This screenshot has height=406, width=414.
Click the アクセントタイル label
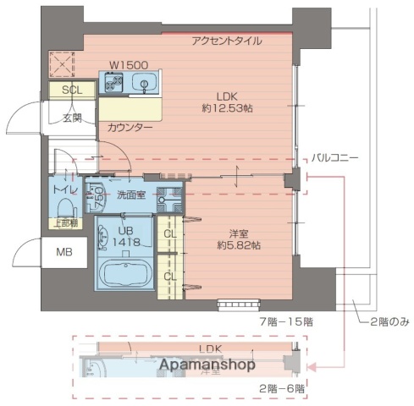click(227, 41)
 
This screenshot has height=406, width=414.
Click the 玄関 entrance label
click(72, 118)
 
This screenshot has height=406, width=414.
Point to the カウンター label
click(130, 127)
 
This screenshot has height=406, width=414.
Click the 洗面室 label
click(131, 194)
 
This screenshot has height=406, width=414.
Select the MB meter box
click(64, 252)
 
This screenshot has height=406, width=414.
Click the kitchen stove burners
click(114, 83)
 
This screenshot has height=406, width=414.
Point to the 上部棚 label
click(66, 223)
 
